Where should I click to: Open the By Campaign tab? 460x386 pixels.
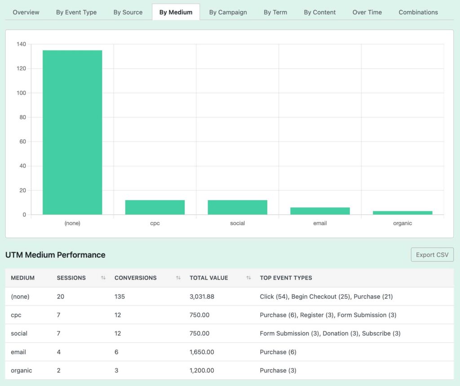point(228,12)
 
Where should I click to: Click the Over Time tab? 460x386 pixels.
point(367,12)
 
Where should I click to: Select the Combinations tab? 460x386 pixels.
point(418,12)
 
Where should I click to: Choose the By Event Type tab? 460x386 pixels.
point(76,12)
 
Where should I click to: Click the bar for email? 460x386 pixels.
point(320,211)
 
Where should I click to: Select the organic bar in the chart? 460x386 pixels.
point(402,213)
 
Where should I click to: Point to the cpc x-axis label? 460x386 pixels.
point(155,223)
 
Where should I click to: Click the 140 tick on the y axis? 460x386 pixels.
point(21,44)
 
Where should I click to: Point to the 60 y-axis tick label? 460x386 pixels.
point(22,142)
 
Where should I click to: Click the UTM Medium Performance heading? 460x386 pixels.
point(55,255)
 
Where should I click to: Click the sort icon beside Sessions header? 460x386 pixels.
point(103,278)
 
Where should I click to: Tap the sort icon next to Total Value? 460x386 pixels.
point(248,278)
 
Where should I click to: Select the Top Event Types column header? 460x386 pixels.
point(286,278)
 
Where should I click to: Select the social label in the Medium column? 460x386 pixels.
point(19,333)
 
